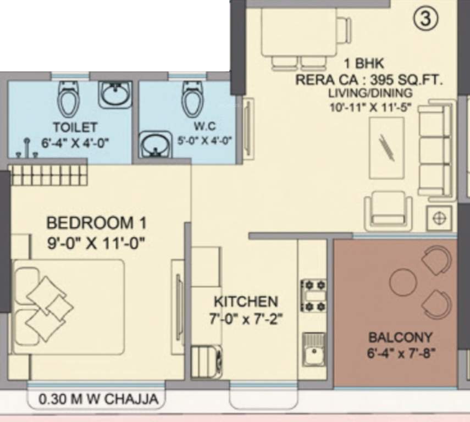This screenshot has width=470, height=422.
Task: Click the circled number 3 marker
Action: click(425, 19)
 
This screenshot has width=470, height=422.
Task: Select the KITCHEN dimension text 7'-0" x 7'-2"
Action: click(246, 319)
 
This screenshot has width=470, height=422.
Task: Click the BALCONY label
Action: click(400, 337)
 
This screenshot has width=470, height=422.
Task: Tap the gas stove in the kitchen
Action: click(313, 295)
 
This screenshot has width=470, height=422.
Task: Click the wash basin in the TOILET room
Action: click(115, 95)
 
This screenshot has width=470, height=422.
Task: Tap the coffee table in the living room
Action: click(386, 147)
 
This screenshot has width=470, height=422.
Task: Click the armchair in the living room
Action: click(388, 208)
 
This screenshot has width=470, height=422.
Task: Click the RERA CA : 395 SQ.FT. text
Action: click(368, 79)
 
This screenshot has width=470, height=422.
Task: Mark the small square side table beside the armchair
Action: click(439, 217)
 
